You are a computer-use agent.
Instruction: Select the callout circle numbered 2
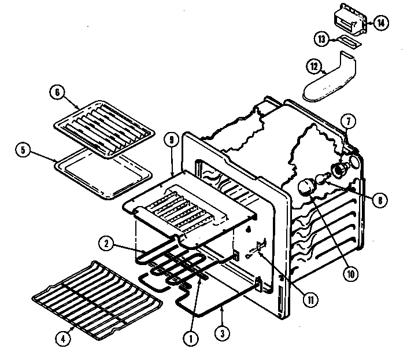click(105, 244)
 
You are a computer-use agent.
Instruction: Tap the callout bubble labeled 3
click(220, 333)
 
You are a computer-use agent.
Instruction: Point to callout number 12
click(314, 67)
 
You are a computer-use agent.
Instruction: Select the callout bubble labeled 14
click(380, 23)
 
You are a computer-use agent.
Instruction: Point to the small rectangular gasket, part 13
click(349, 41)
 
